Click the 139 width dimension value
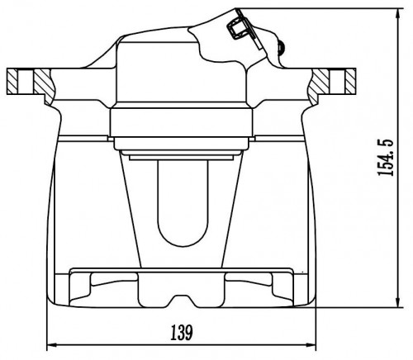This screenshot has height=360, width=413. pos(182,333)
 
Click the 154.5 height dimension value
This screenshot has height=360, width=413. pos(387,158)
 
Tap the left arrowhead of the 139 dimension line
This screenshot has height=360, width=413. pos(51,345)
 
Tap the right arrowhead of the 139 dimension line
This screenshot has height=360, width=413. pos(311,345)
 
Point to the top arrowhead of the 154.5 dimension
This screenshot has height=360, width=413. pos(399,13)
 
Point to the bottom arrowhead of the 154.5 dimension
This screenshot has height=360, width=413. pos(399,302)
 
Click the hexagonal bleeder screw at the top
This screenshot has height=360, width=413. pos(236,27)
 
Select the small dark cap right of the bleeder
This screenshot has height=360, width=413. pos(282,47)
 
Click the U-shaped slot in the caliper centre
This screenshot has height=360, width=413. pos(183,203)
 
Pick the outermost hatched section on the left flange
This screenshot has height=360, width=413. pos(12,82)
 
